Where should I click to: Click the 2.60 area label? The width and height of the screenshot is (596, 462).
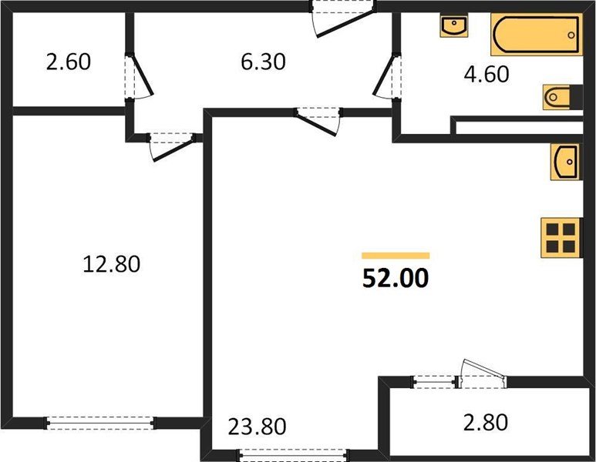(69, 62)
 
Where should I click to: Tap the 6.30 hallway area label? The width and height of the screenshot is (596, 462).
(263, 62)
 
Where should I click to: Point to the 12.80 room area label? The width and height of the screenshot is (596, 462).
(111, 265)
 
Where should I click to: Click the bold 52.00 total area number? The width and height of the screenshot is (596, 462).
(395, 277)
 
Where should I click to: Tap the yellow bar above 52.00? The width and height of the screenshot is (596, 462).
(396, 255)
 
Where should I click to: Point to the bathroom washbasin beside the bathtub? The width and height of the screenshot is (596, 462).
(455, 26)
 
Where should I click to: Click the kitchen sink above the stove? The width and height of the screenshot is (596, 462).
(565, 162)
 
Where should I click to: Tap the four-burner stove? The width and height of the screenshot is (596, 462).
(561, 239)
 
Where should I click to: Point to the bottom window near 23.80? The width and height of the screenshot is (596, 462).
(294, 454)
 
